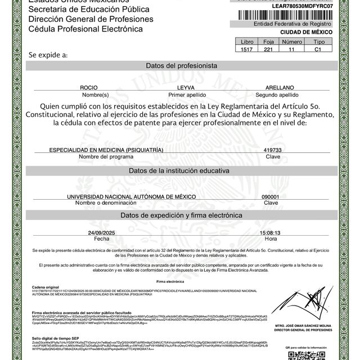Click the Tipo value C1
point(319,49)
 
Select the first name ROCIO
point(89,88)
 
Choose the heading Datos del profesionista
point(181,66)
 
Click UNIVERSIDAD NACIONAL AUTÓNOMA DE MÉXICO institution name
point(131,196)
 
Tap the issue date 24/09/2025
point(101,232)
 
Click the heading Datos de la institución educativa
point(181,170)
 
